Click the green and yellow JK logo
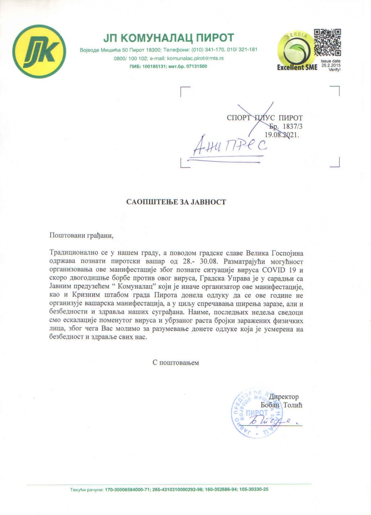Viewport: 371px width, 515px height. pos(39,51)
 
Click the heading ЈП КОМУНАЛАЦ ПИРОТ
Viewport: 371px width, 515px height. pos(168,38)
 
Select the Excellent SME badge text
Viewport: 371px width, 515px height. pos(297,68)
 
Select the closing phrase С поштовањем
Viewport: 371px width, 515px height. pos(176,363)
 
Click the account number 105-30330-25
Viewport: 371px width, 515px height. pos(254,490)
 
